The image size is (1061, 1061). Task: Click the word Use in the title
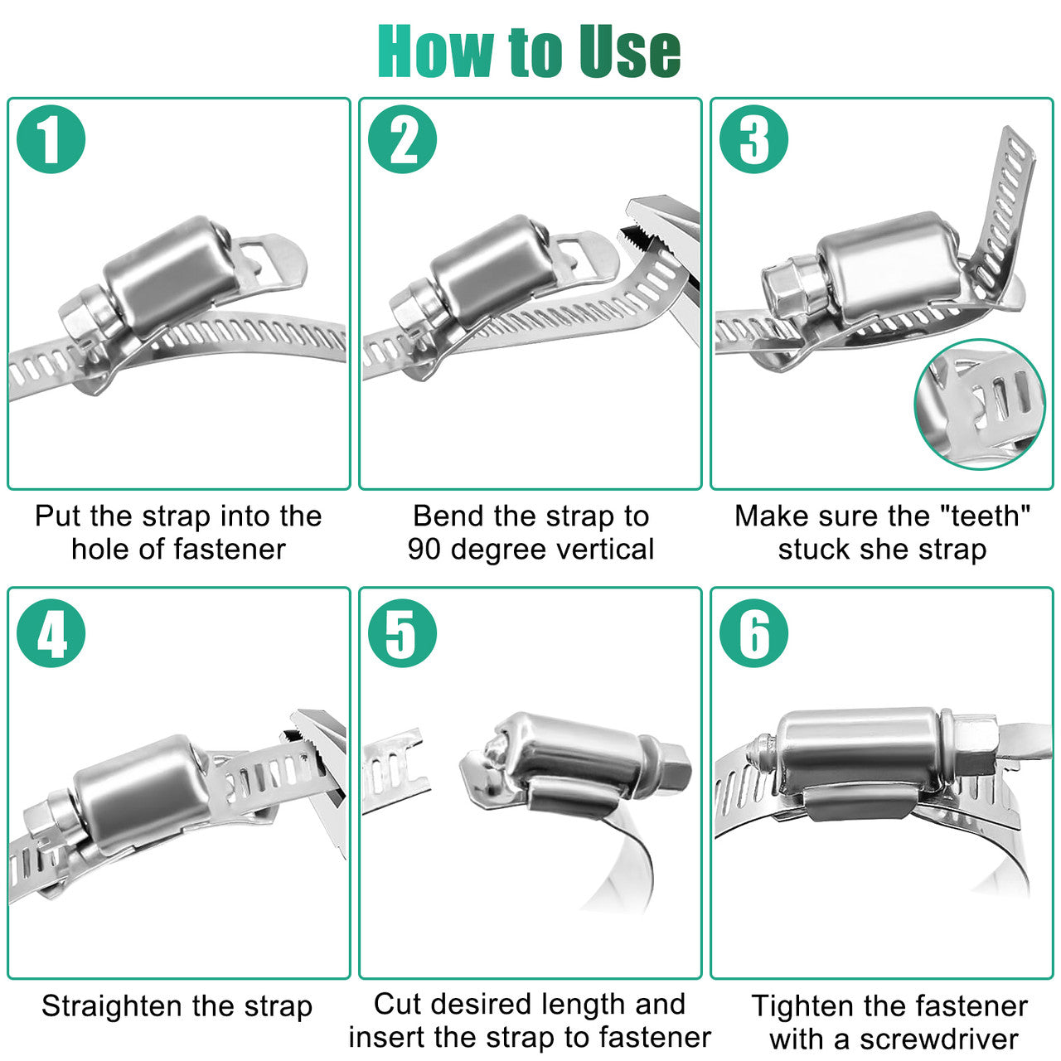630,51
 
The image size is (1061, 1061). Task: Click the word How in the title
436,51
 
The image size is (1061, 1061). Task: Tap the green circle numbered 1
51,139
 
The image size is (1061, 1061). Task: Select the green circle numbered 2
403,139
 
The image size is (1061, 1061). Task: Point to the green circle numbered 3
753,139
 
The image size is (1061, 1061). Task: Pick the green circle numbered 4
51,633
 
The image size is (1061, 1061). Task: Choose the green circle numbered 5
403,633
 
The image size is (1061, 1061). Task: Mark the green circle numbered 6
753,633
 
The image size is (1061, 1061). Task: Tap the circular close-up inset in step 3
980,405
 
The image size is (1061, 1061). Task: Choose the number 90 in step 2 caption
424,549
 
